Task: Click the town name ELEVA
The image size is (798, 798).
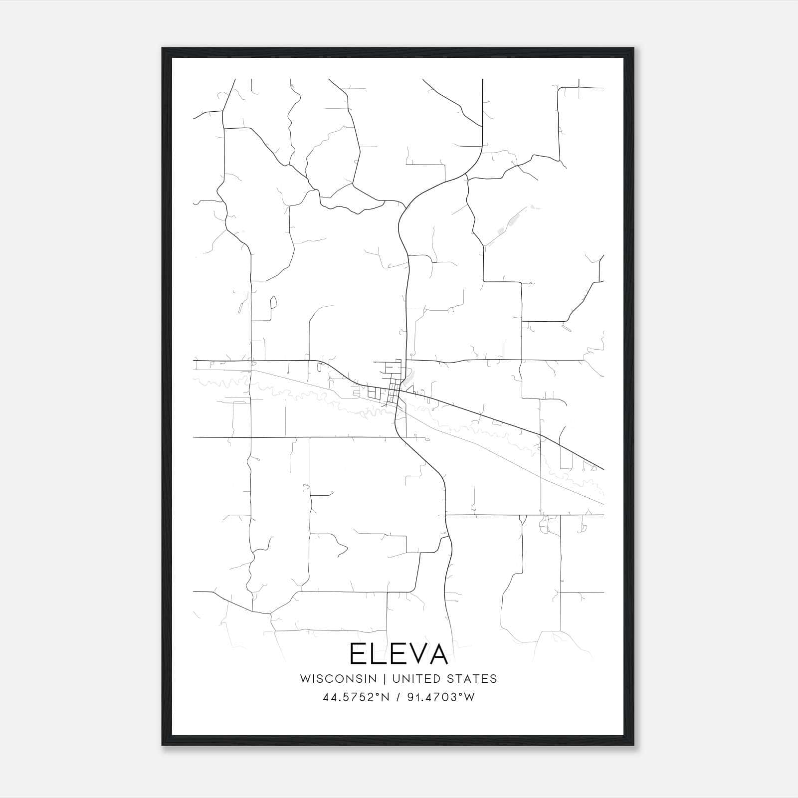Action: click(x=399, y=654)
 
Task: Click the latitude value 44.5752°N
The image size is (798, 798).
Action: click(x=355, y=697)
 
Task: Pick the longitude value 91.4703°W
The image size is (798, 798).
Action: click(x=441, y=697)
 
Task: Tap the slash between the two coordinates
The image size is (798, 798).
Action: click(x=398, y=697)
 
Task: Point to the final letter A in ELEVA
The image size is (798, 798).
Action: click(x=437, y=654)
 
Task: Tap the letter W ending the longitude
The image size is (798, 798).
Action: click(x=469, y=697)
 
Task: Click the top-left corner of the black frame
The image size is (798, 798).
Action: click(x=163, y=49)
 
